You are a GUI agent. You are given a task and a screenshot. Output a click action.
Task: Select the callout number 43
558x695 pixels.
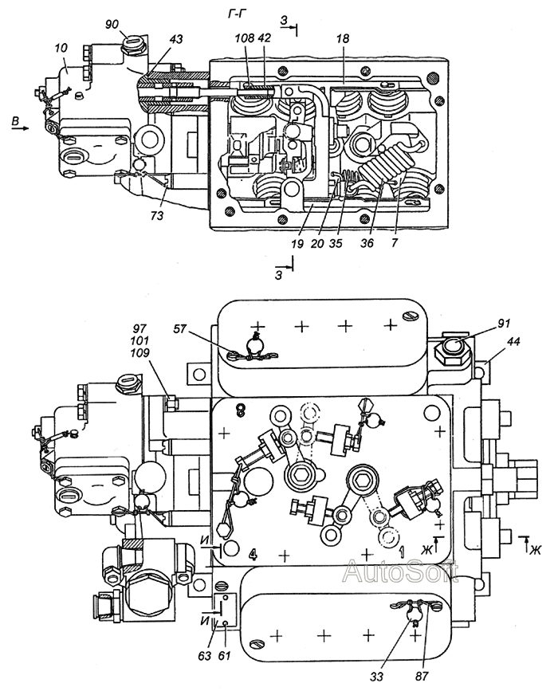pyautogui.click(x=176, y=39)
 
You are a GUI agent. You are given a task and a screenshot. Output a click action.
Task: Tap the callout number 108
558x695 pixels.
pyautogui.click(x=245, y=38)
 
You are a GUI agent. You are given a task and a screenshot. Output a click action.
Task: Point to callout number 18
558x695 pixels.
pyautogui.click(x=343, y=38)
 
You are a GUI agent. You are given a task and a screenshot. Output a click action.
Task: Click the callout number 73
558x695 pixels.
pyautogui.click(x=156, y=215)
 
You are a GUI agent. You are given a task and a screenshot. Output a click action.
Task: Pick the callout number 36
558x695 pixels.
pyautogui.click(x=367, y=243)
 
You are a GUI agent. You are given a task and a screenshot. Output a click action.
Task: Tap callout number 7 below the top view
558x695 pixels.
pyautogui.click(x=394, y=243)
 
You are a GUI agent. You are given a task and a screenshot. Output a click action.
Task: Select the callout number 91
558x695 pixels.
pyautogui.click(x=504, y=324)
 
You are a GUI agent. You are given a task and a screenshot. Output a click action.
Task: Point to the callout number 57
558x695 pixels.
pyautogui.click(x=180, y=329)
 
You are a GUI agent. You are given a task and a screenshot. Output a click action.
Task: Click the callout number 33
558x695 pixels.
pyautogui.click(x=377, y=677)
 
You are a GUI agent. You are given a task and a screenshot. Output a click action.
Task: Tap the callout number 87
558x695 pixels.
pyautogui.click(x=422, y=677)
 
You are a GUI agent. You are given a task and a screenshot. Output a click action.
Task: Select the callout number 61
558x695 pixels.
pyautogui.click(x=225, y=655)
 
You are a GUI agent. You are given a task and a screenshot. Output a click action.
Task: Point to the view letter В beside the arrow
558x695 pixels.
pyautogui.click(x=15, y=120)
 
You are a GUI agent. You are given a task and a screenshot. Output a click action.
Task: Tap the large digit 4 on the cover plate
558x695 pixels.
pyautogui.click(x=253, y=554)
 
